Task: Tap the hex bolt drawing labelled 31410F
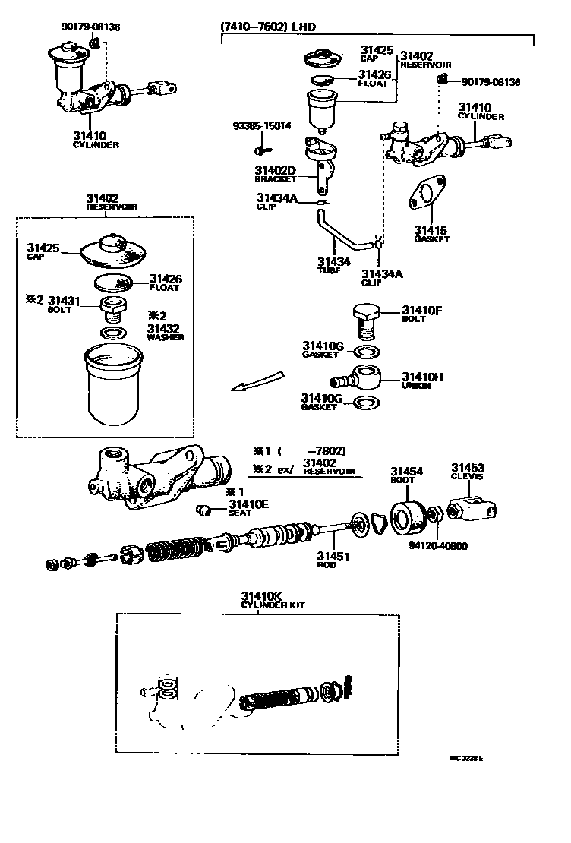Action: click(365, 320)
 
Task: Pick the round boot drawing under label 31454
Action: click(407, 516)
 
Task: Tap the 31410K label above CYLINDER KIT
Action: click(262, 595)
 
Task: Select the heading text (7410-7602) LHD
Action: click(267, 27)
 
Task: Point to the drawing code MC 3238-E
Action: click(466, 758)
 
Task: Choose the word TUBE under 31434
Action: click(329, 270)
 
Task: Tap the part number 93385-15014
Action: click(262, 127)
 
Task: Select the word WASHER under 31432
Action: click(166, 337)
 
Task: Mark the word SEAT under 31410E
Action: click(240, 513)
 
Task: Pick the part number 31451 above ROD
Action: click(332, 556)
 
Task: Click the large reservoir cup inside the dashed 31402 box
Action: click(115, 384)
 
